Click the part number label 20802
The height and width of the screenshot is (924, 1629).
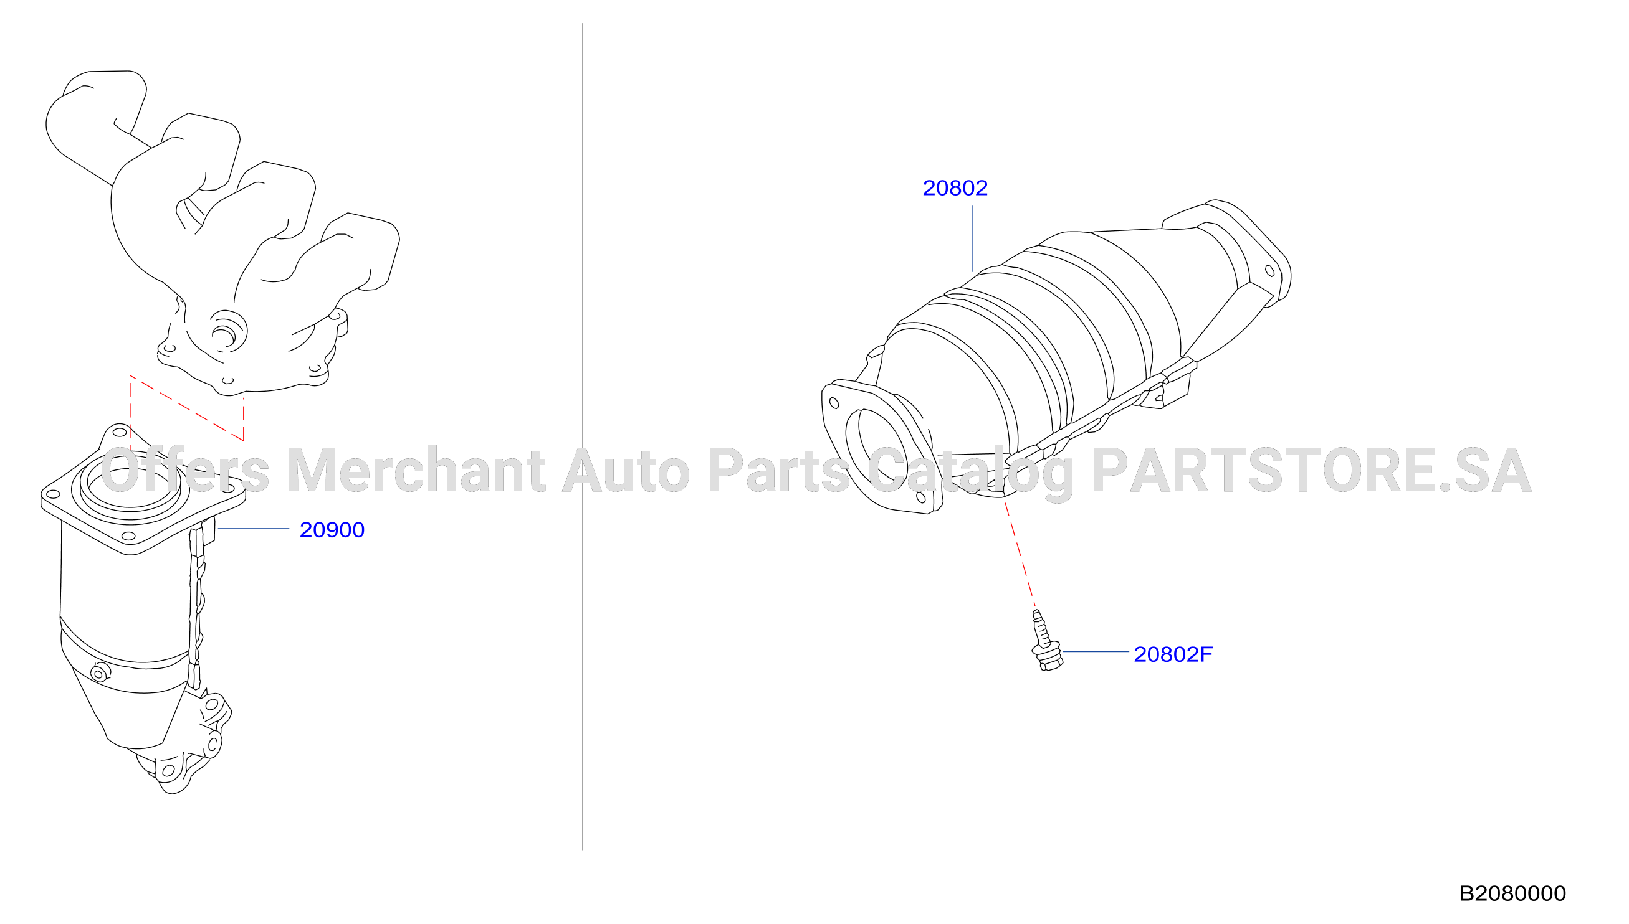click(955, 188)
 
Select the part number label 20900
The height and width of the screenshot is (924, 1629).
click(332, 530)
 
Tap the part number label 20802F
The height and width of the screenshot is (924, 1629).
click(1173, 654)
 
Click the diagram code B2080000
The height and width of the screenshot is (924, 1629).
click(1512, 893)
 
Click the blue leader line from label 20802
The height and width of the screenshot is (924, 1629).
click(972, 238)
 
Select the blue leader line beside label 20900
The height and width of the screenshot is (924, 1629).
click(253, 528)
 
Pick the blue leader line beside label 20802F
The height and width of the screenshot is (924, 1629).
click(1096, 651)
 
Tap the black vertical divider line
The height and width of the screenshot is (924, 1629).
click(583, 436)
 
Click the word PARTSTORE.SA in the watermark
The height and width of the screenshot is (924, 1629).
click(1311, 470)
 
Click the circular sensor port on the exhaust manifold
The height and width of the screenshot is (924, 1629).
click(227, 331)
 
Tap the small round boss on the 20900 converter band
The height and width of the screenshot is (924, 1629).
click(99, 672)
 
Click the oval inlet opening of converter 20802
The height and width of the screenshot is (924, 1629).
click(877, 450)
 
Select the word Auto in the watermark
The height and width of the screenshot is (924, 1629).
click(626, 470)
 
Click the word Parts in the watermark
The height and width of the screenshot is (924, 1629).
click(778, 470)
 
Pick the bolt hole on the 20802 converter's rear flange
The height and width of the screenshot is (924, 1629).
click(1269, 271)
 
